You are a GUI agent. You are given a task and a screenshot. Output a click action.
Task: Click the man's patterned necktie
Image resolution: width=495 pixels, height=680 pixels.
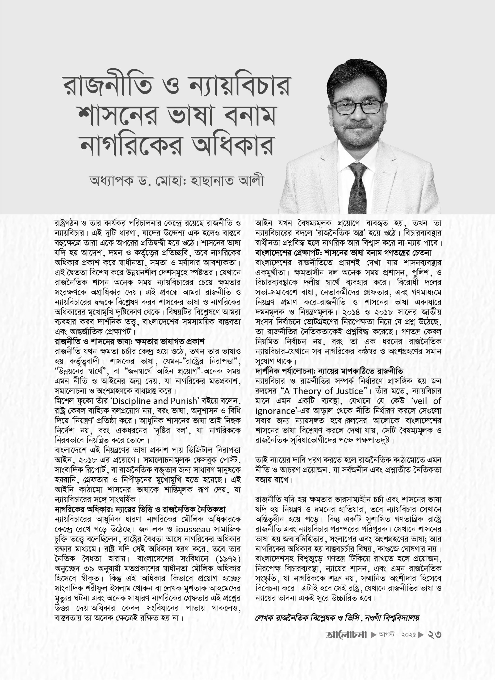click(358, 186)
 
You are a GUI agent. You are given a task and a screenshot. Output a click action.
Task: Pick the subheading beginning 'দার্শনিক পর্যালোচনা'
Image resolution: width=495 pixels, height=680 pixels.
click(329, 371)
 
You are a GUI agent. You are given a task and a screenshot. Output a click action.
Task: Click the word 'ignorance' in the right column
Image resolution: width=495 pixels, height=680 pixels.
click(275, 410)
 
